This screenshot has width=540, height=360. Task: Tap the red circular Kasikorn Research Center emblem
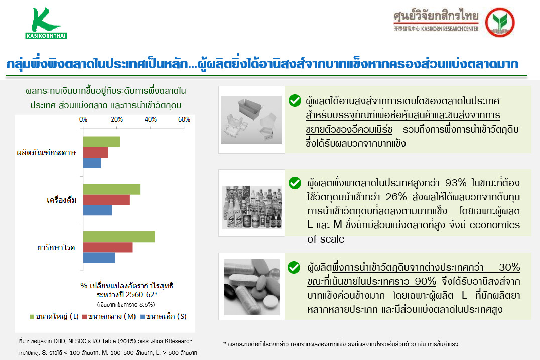point(500,22)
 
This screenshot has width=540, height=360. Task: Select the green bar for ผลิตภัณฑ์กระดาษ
point(101,142)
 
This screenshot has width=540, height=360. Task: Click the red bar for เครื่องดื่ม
point(106,200)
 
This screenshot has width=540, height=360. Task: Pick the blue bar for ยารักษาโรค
point(99,258)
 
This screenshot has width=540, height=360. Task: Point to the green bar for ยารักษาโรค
point(119,236)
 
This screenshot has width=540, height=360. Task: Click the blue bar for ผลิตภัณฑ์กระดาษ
point(92,163)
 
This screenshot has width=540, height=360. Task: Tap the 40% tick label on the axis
point(151,119)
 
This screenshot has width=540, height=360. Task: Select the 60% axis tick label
point(184,119)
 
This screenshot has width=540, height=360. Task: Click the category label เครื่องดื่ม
point(62,200)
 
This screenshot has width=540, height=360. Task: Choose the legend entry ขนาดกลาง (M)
point(109,316)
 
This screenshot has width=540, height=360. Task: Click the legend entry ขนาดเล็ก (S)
point(163,316)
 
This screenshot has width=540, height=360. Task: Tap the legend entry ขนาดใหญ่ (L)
point(54,316)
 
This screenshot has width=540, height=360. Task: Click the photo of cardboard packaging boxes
point(251,120)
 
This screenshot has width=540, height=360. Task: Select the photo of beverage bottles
point(252,207)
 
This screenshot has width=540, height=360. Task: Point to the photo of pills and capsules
point(252,287)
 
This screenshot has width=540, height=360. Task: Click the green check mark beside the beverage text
point(295,183)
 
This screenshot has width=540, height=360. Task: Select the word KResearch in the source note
point(178,341)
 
